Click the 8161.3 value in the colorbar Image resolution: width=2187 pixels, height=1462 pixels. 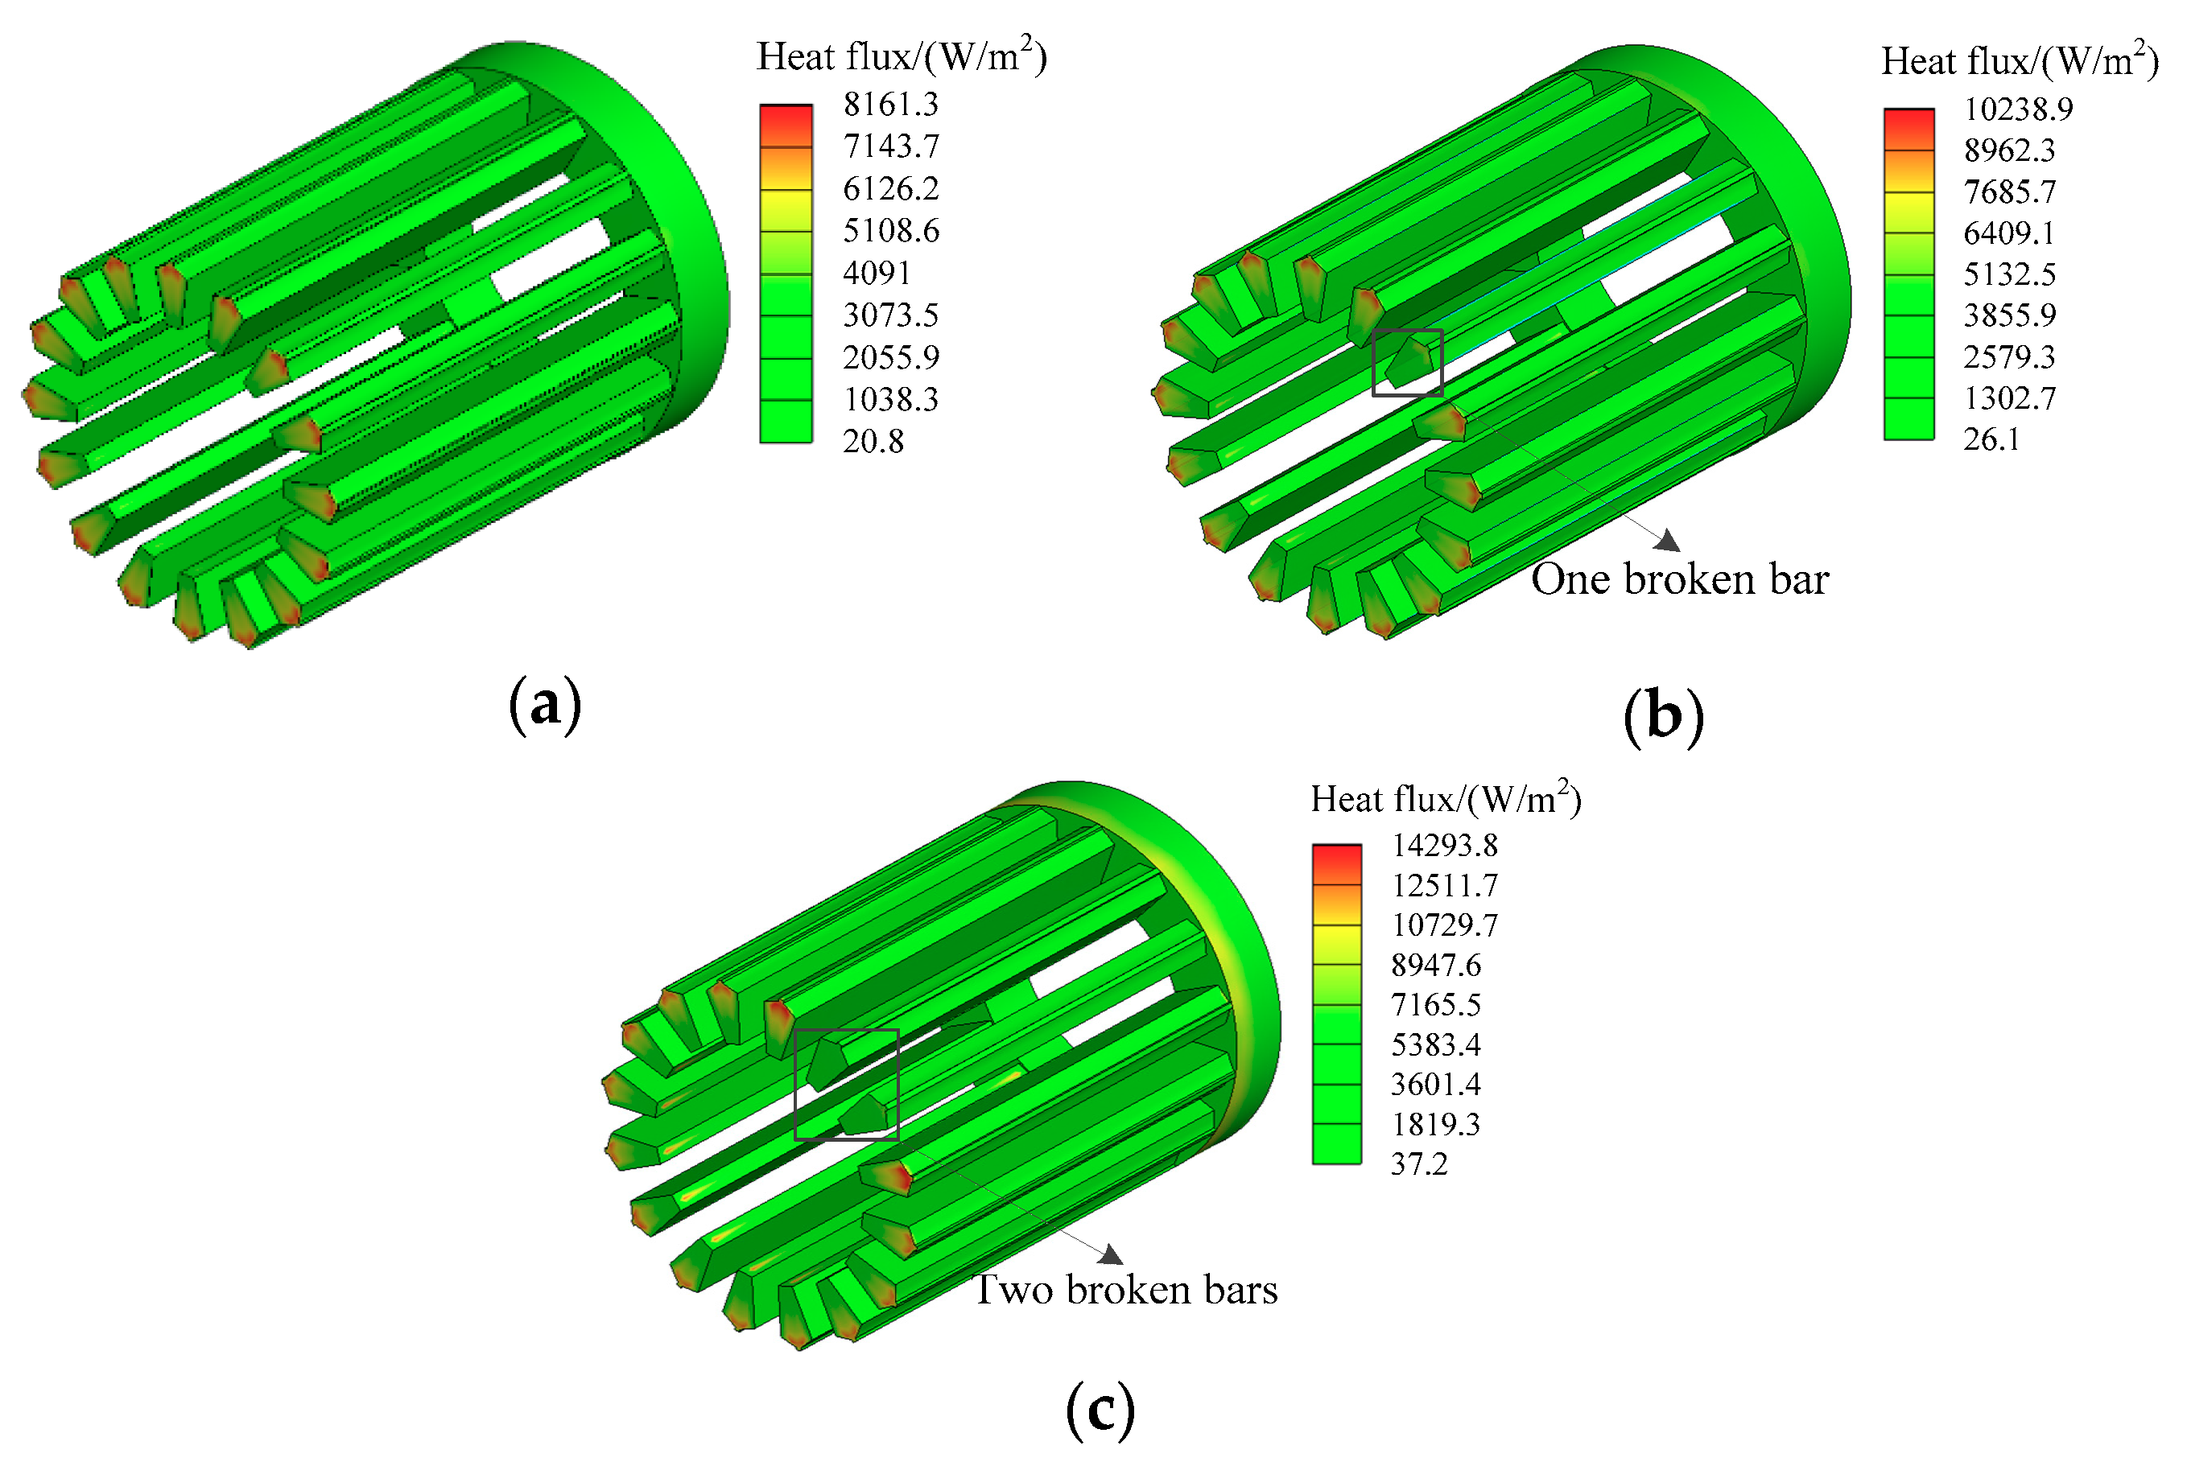[890, 104]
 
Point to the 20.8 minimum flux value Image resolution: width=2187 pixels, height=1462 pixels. [873, 441]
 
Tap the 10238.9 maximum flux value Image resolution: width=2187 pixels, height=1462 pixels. [2018, 109]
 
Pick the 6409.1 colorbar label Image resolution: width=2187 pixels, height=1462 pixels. [2010, 233]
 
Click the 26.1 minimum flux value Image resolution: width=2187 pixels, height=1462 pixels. [1991, 439]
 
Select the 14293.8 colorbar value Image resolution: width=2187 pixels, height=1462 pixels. [1445, 845]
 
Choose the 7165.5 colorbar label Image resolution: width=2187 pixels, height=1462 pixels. [1436, 1004]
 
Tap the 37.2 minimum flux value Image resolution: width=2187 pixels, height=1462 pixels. [1419, 1163]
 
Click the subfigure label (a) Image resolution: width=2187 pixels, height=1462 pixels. [546, 704]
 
